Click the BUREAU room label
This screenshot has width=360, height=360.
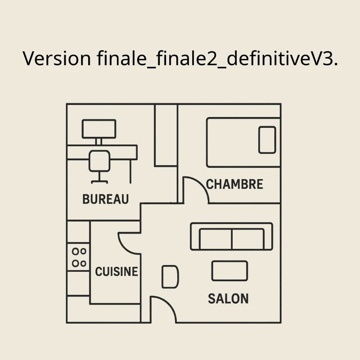tap(106, 199)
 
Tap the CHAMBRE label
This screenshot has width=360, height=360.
tap(234, 184)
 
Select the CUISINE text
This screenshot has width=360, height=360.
tap(117, 271)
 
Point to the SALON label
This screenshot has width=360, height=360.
tap(228, 298)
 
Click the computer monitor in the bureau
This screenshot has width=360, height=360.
tap(99, 129)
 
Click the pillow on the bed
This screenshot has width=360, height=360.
tap(267, 140)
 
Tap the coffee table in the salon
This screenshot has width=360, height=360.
tap(229, 271)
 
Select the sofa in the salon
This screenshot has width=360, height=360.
tap(232, 236)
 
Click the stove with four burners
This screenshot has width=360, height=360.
tap(78, 257)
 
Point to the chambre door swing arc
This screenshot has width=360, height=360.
tap(196, 190)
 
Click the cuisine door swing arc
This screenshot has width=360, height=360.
tap(129, 243)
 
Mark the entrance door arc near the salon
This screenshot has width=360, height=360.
tap(163, 309)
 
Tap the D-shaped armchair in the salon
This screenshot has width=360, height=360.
tap(170, 277)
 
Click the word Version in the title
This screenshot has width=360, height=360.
tap(57, 58)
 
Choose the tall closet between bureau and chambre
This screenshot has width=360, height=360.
tap(166, 135)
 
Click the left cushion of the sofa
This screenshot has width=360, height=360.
tap(216, 239)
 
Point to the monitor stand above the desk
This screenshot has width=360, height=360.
tap(99, 142)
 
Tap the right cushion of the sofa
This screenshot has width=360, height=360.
tap(248, 239)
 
